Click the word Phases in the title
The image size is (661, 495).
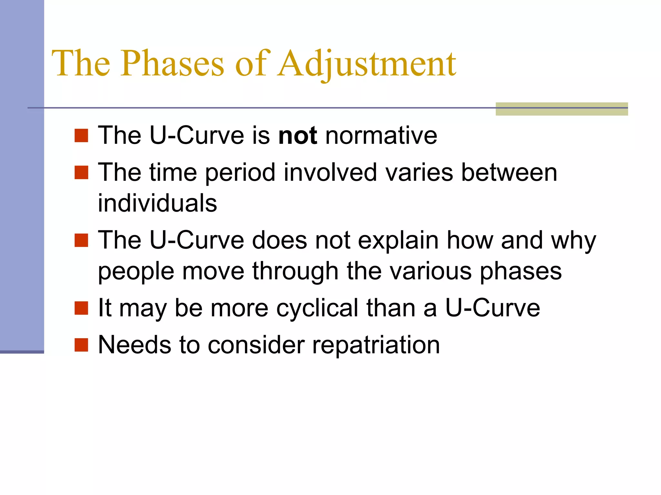point(172,63)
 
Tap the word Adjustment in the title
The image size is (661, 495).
point(367,63)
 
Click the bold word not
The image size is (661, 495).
point(298,135)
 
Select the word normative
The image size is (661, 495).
point(381,135)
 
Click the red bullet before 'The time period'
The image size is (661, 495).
point(81,172)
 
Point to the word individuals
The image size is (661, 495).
point(158,203)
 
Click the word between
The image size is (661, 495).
point(509,172)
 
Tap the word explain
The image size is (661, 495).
point(398,240)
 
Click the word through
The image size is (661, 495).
point(295,271)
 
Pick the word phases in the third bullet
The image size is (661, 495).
point(521,271)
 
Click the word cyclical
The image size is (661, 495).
point(317,308)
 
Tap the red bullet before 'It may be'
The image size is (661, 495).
point(81,308)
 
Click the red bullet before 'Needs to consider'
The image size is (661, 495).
point(81,345)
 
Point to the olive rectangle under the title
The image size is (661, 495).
point(562,109)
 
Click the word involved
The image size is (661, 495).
point(330,172)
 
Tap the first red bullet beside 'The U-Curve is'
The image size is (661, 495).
point(81,135)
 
